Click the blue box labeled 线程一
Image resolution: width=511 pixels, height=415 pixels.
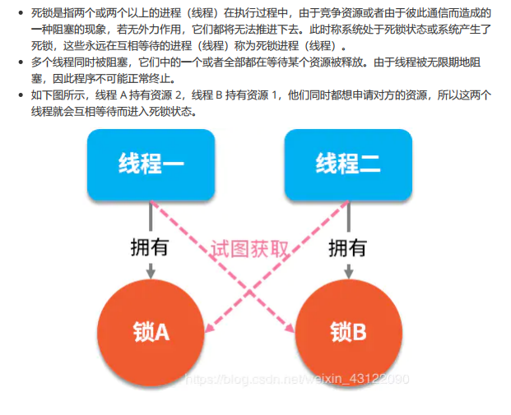coord(151,165)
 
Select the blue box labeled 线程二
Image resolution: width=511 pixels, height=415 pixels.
coord(347,165)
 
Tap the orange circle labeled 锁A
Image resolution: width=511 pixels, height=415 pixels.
coord(151,331)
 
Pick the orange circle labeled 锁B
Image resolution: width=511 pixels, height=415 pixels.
coord(347,331)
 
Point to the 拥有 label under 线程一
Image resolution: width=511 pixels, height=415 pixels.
coord(151,247)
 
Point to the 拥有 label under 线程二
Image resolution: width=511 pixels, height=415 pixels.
coord(347,247)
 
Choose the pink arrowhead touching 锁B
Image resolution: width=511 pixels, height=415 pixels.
coord(291,329)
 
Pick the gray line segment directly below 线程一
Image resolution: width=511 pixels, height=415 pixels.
coord(151,216)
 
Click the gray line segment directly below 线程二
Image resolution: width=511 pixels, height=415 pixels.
coord(347,216)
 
